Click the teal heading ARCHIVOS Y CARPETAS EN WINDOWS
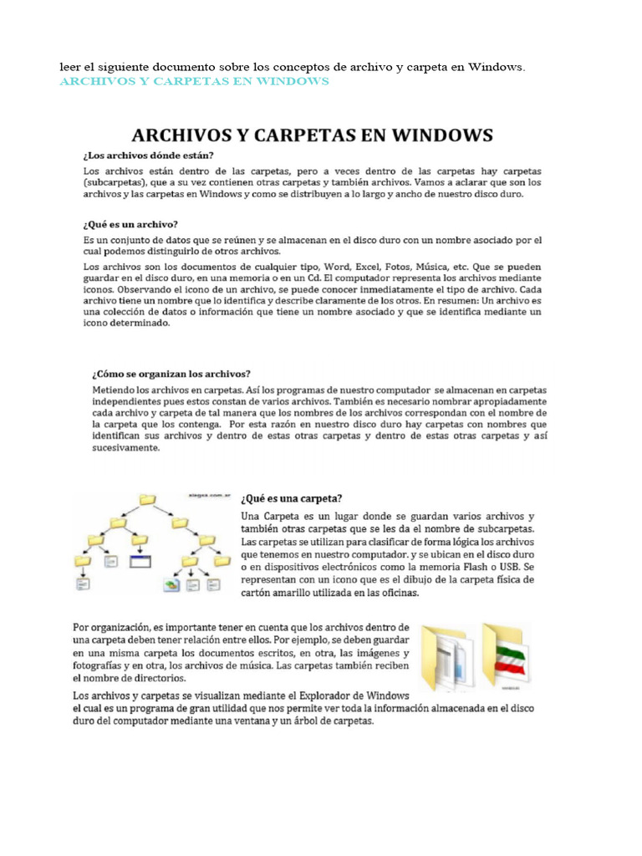[193, 81]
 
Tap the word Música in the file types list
[440, 267]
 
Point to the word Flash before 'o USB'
[477, 566]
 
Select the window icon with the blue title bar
[139, 562]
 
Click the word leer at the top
[70, 66]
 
